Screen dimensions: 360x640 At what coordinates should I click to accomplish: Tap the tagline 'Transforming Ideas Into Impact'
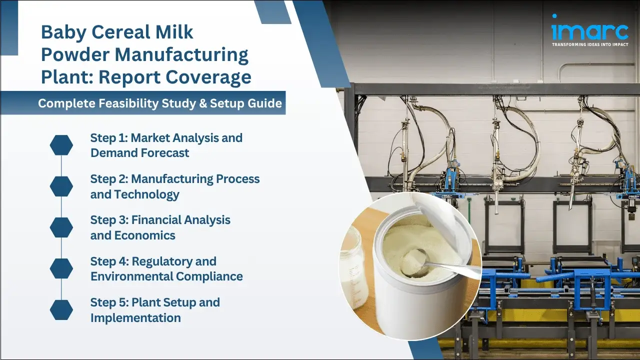tap(589, 44)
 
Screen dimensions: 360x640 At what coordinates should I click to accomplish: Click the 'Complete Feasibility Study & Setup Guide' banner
tap(160, 103)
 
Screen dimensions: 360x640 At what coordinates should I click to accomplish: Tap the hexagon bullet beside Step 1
tap(61, 145)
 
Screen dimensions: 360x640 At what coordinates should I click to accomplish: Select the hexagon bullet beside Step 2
tap(61, 186)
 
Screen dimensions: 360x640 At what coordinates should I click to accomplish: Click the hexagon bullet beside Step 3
tap(61, 227)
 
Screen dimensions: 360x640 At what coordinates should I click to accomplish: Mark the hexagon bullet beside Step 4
tap(61, 269)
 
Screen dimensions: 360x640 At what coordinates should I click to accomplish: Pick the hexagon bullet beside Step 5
tap(61, 310)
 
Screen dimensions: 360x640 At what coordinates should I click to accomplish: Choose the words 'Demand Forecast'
tap(140, 153)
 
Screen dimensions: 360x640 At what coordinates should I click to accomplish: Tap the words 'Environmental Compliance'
tap(166, 276)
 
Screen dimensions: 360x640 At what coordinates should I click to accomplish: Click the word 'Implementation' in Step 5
tap(135, 318)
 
